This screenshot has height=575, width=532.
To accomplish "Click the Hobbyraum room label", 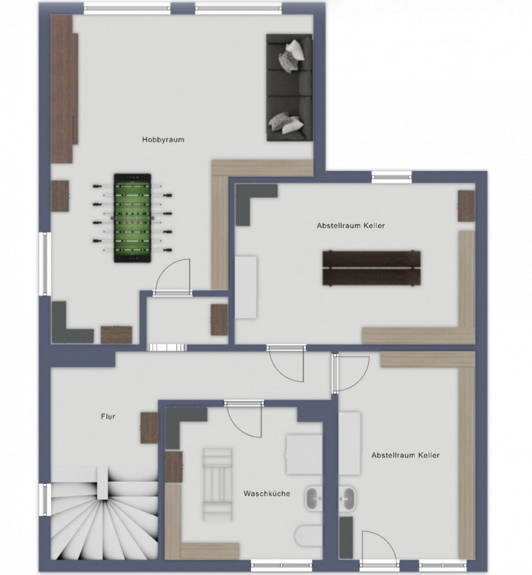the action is tap(163, 140).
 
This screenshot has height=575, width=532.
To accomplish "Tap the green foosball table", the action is tap(132, 218).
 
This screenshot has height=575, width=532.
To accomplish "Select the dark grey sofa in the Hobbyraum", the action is tap(289, 87).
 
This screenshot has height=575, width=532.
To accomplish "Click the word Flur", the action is tap(108, 416).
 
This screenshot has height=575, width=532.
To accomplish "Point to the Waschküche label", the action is tap(267, 493).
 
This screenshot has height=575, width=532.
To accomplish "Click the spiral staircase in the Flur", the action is tap(104, 517).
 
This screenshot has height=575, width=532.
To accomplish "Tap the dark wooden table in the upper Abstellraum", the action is tap(371, 268).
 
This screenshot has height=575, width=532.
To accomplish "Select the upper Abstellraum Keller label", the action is tap(351, 226).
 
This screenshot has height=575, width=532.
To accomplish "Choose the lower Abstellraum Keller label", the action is tap(405, 455).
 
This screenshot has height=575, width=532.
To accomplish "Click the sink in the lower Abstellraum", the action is tap(347, 499).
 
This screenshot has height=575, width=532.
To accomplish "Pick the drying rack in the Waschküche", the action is tap(217, 484).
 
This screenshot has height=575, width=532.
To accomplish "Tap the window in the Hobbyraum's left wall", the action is tap(45, 263).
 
